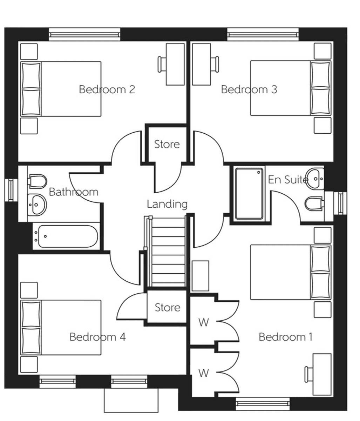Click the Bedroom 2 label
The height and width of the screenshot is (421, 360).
coord(107,89)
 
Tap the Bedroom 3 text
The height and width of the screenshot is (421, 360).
coord(249,89)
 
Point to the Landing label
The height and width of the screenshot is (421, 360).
coord(167,204)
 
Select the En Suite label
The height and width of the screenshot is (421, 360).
coord(288,179)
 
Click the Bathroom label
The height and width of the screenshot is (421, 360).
coord(74,192)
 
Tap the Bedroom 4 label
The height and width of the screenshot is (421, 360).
coord(97,337)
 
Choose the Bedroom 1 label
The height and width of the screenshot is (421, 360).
coord(286,337)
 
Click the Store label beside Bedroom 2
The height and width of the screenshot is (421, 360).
coord(167,144)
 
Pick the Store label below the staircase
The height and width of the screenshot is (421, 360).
coord(168,307)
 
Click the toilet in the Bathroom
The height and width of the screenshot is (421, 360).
coord(38,181)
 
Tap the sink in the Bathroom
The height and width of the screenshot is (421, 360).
coord(37,205)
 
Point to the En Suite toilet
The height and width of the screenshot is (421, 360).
coord(314,203)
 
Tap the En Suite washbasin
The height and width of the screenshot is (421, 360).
coord(315,179)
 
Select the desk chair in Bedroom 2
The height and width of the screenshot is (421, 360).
coord(162,64)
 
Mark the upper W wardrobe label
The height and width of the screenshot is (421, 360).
coord(204,322)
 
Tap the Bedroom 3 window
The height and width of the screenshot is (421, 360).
coord(263,34)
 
